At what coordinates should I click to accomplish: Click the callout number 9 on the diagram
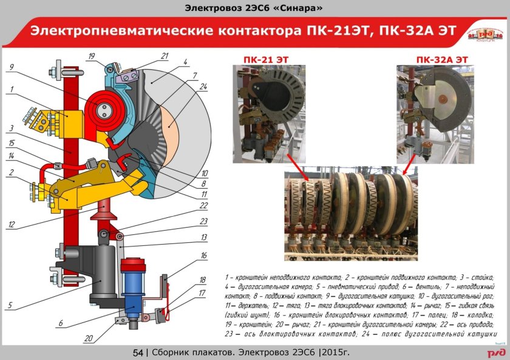12,67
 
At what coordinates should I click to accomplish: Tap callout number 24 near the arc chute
203,87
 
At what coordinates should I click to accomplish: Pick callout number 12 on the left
12,225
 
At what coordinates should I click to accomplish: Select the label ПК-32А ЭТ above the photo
442,58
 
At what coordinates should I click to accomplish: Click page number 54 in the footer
137,353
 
